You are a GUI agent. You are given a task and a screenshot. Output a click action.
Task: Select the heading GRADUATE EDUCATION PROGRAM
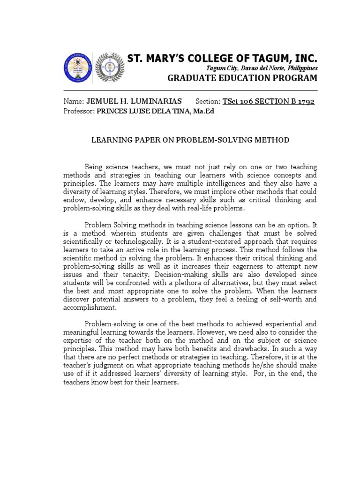pyautogui.click(x=242, y=78)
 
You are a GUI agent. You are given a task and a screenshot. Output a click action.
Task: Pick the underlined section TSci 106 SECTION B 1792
pyautogui.click(x=269, y=102)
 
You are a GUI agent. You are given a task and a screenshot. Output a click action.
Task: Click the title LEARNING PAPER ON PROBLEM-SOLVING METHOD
pyautogui.click(x=189, y=140)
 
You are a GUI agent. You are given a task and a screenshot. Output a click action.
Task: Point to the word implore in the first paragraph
pyautogui.click(x=202, y=192)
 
